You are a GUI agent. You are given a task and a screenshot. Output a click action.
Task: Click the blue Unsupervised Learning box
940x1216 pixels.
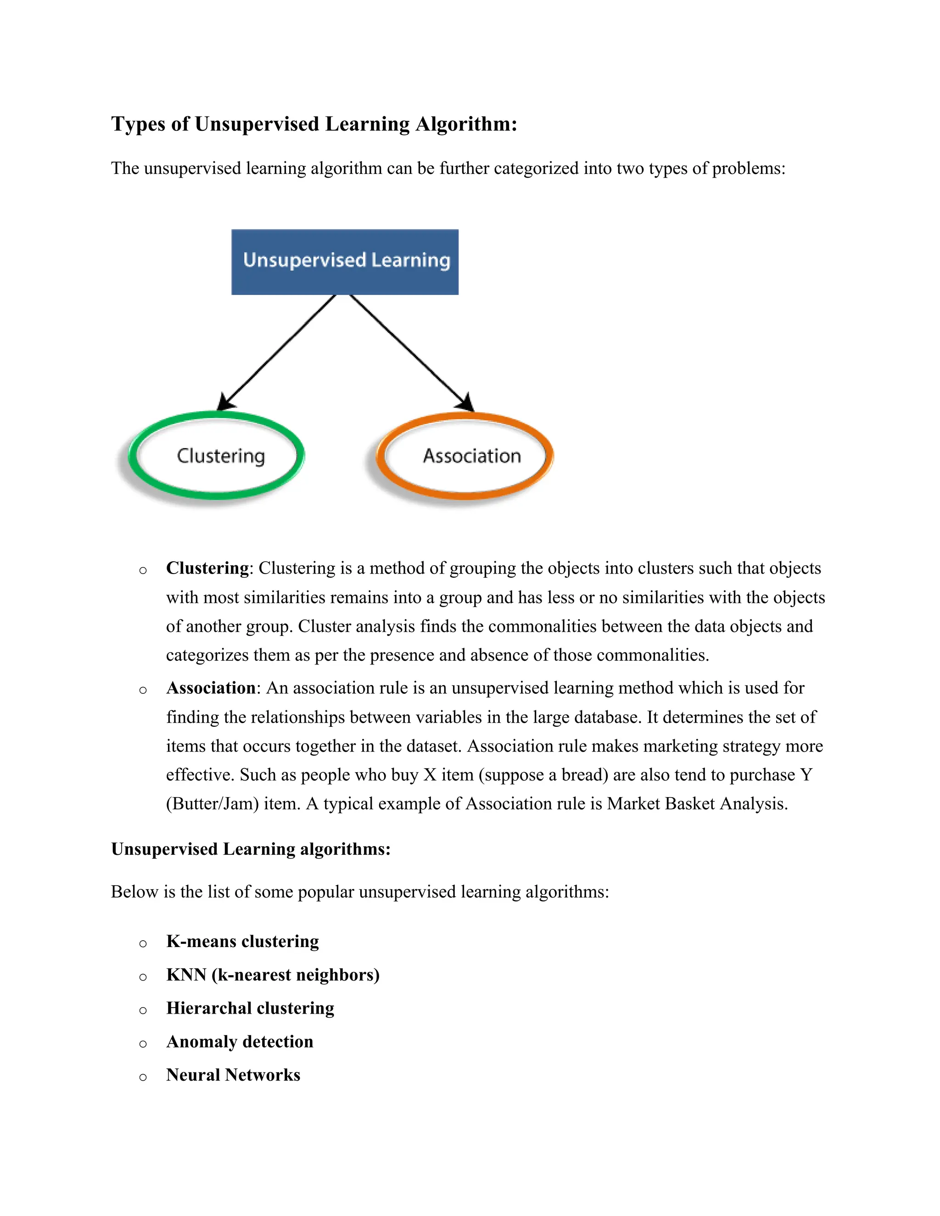click(x=345, y=261)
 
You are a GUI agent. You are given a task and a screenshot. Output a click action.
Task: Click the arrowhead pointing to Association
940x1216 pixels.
click(x=465, y=402)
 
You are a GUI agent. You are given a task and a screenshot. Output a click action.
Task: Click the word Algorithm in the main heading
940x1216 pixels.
click(x=466, y=123)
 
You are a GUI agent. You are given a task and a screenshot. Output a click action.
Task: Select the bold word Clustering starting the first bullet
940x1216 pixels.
click(x=207, y=568)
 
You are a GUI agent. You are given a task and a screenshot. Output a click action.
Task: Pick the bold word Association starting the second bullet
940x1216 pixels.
click(x=211, y=688)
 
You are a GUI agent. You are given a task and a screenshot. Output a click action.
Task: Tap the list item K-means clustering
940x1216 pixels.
click(x=242, y=941)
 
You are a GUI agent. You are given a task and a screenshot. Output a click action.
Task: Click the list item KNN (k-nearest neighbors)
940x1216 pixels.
click(x=273, y=974)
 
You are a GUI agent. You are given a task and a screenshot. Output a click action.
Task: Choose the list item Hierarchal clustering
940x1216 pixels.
click(x=250, y=1008)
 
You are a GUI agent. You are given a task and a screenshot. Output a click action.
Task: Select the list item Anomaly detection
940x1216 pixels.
click(x=240, y=1041)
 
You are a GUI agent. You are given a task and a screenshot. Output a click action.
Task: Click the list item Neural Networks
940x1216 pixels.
click(x=233, y=1075)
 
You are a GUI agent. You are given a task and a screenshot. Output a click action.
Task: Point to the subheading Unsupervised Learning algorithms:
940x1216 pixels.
click(x=251, y=848)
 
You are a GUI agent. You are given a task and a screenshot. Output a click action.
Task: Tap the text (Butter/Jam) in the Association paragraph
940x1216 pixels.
click(x=212, y=803)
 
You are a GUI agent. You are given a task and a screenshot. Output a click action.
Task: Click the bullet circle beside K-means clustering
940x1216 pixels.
click(x=143, y=943)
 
